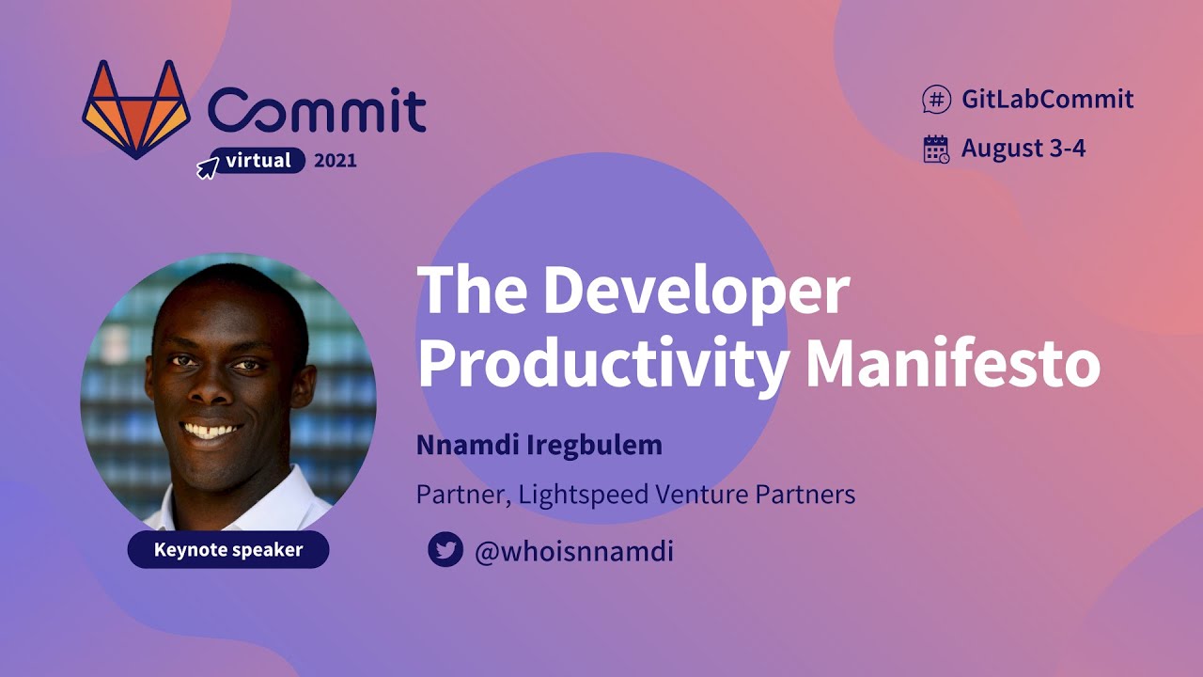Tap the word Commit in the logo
click(x=317, y=111)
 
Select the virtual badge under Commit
click(x=258, y=161)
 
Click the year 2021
click(x=336, y=161)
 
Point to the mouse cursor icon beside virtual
click(x=207, y=168)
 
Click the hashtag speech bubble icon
click(x=936, y=99)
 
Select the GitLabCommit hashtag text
click(x=1047, y=99)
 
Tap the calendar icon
click(x=936, y=149)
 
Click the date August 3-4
click(x=1023, y=149)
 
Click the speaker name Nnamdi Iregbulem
click(x=539, y=445)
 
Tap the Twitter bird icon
click(x=445, y=550)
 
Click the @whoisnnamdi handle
click(x=573, y=551)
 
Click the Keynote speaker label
click(x=228, y=550)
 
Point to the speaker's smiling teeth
click(x=211, y=432)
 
